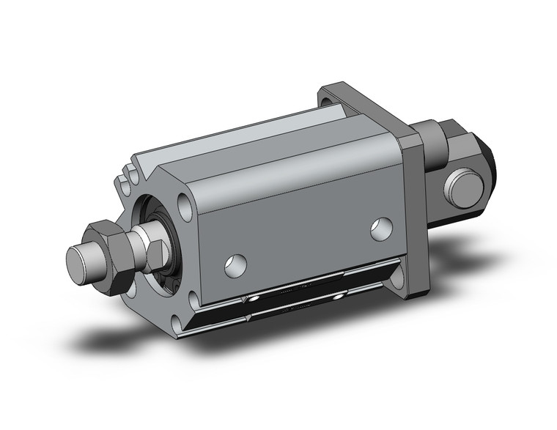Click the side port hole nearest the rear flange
[380, 229]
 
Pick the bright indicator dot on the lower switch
[338, 297]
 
